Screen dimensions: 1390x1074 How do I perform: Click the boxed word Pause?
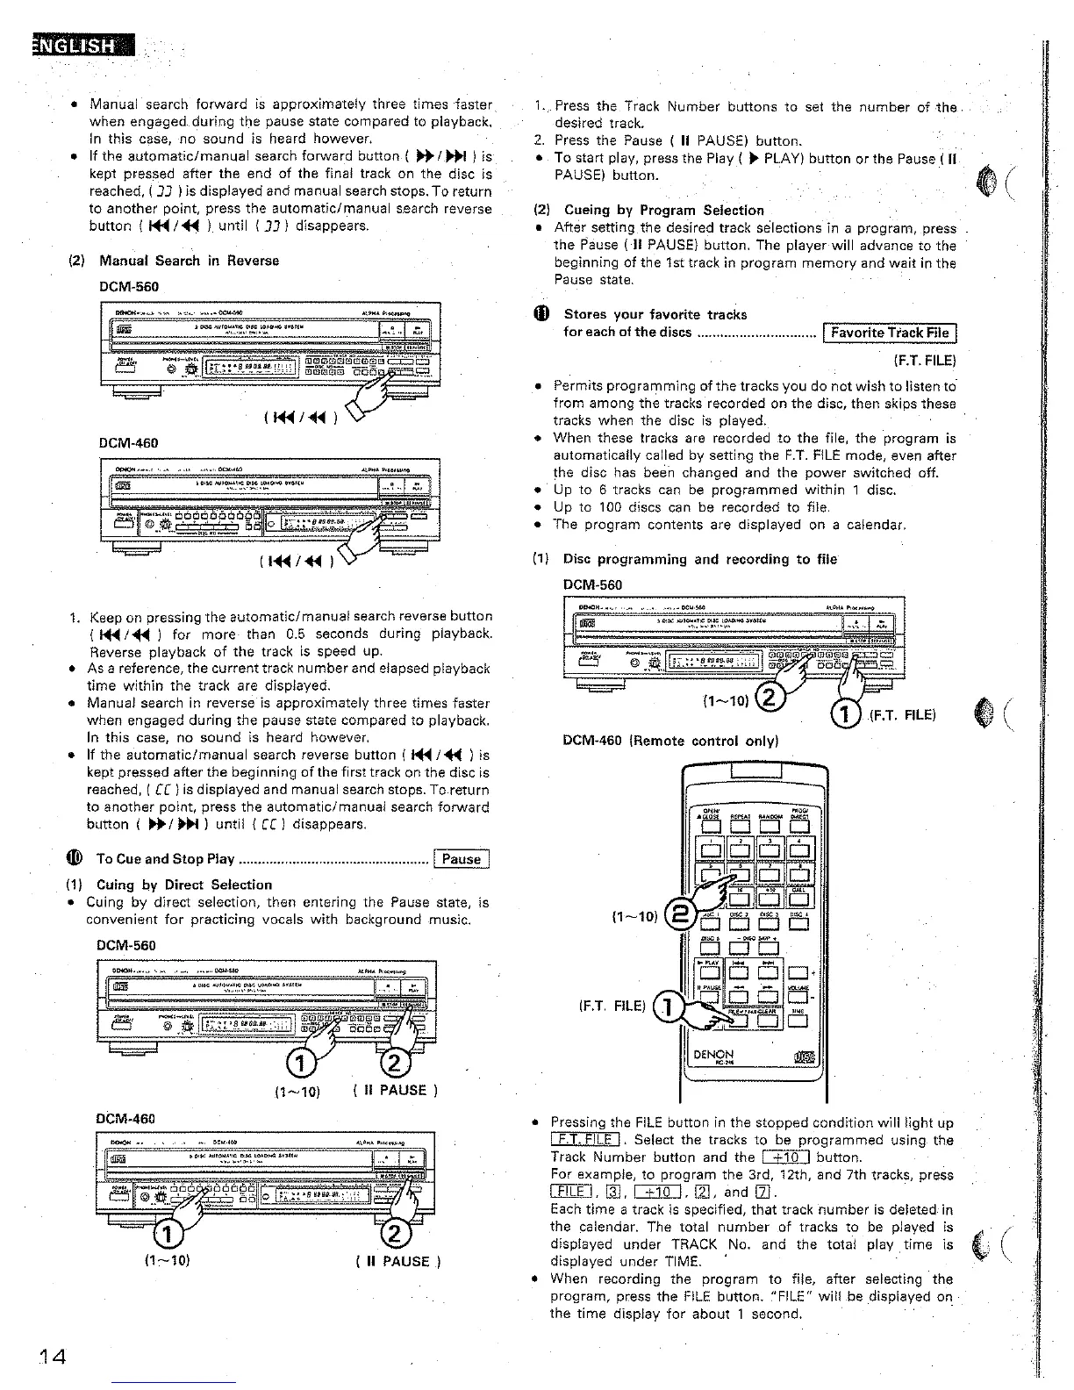click(x=462, y=859)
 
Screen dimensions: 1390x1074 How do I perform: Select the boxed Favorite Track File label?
click(x=890, y=333)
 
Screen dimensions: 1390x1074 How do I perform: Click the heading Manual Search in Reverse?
click(x=189, y=261)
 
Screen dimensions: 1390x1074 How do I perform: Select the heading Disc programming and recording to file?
click(x=699, y=559)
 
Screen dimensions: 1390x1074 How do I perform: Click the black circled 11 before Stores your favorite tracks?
click(x=540, y=314)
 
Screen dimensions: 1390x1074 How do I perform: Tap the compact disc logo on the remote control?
click(x=804, y=1057)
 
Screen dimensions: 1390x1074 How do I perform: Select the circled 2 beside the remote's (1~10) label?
click(x=678, y=916)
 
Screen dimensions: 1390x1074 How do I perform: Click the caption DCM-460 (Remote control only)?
click(x=670, y=741)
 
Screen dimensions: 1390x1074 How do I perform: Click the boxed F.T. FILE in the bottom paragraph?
click(x=584, y=1140)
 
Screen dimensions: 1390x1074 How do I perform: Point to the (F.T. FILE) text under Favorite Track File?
click(x=924, y=361)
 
